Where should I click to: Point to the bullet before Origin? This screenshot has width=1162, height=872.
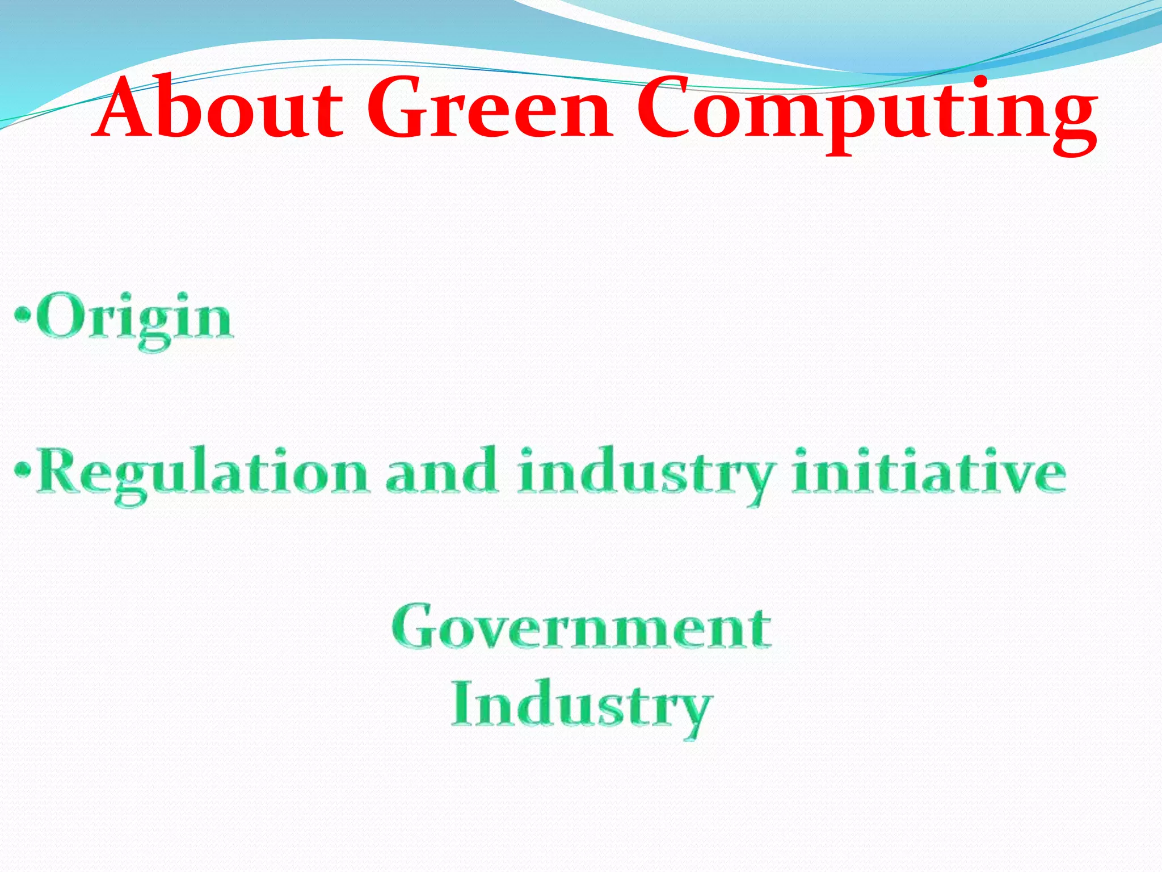pos(22,314)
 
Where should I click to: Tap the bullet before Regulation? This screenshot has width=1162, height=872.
pos(22,469)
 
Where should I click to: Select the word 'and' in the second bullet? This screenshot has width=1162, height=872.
pos(441,471)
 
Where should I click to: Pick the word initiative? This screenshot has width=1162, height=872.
pos(929,471)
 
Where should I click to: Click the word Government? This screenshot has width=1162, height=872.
pos(581,627)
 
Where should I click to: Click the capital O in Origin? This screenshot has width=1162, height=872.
pos(60,316)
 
